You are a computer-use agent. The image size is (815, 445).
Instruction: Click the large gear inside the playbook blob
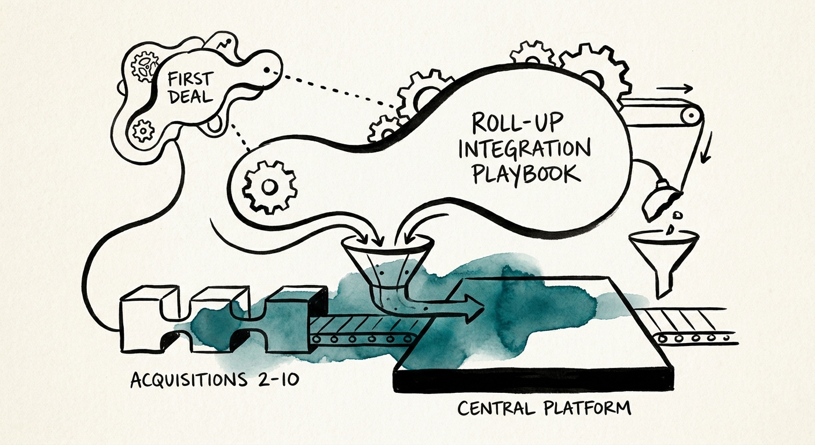click(x=269, y=187)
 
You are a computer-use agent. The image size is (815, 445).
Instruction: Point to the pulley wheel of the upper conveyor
click(x=690, y=116)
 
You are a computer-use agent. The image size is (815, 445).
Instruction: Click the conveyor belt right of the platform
click(x=689, y=326)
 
